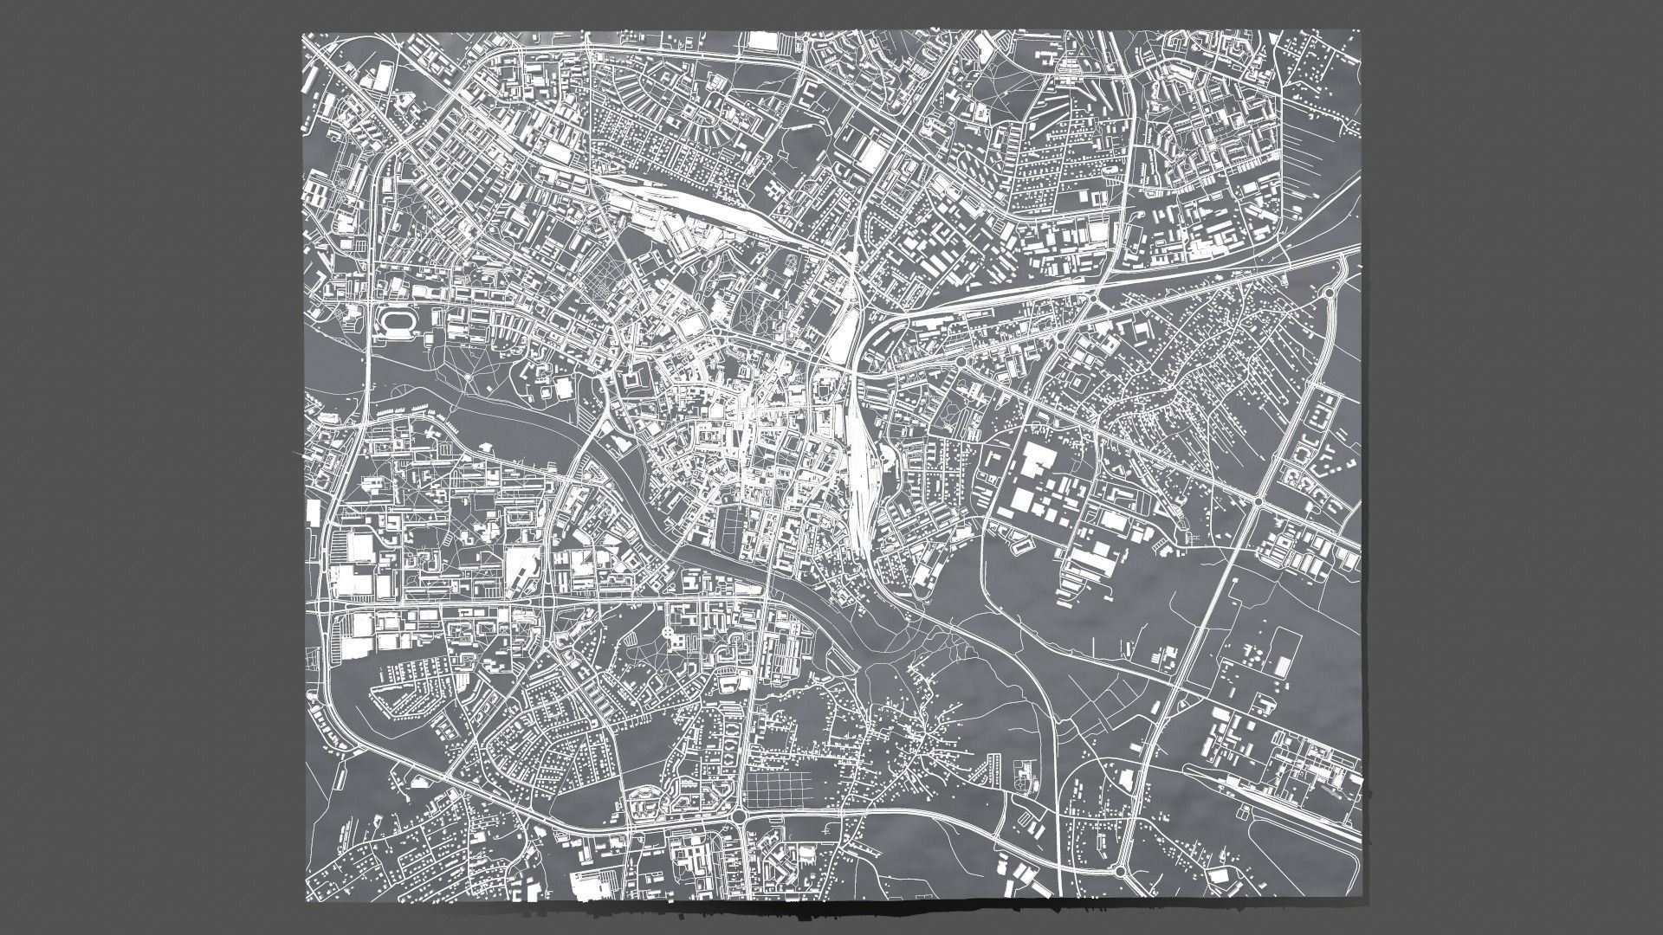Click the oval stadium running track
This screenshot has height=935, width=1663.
(x=398, y=323)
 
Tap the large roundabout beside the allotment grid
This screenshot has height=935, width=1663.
(x=739, y=816)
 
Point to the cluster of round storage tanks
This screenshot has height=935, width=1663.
(x=1252, y=658)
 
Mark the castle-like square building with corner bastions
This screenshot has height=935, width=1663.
(x=631, y=379)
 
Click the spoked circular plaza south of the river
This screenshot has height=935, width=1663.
(x=669, y=634)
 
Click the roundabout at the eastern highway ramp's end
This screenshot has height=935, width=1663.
(x=1330, y=293)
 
